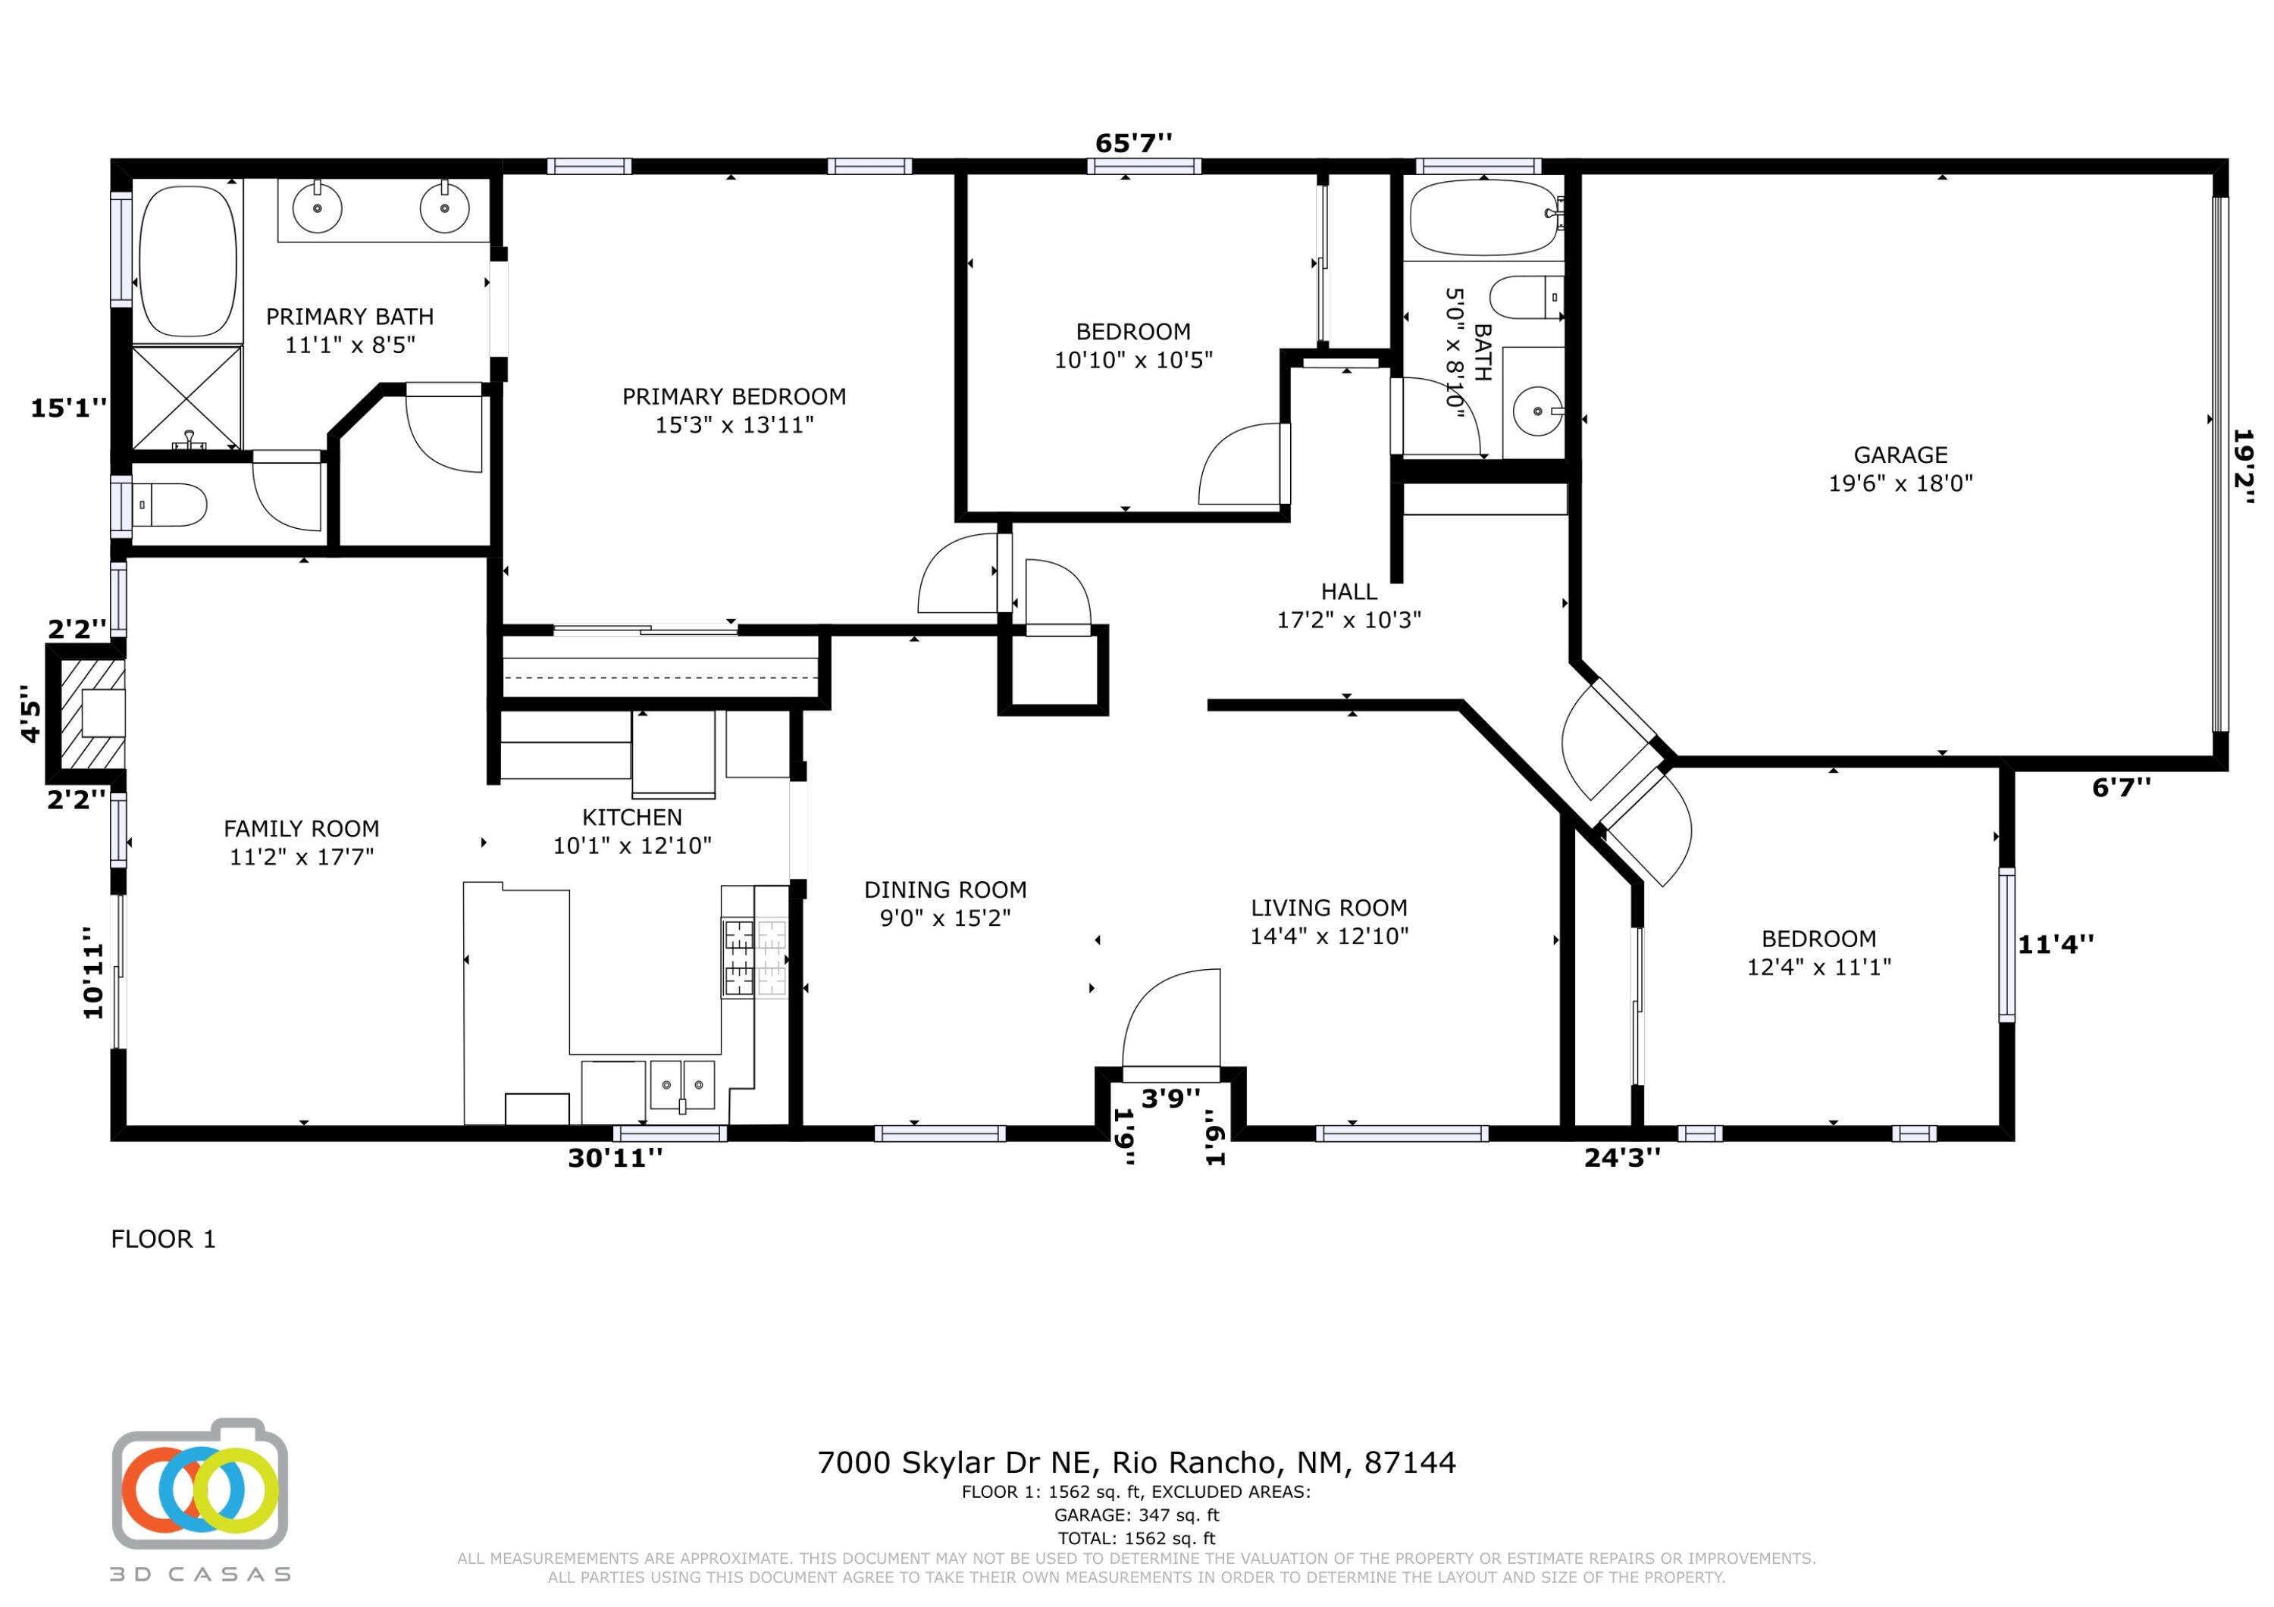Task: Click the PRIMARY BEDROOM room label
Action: pos(734,397)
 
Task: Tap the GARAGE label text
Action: pos(1900,455)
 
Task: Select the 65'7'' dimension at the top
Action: pos(1133,143)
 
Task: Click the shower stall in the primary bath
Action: pos(187,397)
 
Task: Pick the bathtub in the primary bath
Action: pos(188,261)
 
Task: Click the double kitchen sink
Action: pos(682,1085)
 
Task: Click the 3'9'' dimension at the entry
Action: pos(1170,1098)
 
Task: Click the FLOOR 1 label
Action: pos(164,1239)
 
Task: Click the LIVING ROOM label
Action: pos(1329,908)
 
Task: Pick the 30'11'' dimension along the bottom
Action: pos(615,1158)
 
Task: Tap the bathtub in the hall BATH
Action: pos(1483,218)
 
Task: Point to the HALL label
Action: pos(1349,592)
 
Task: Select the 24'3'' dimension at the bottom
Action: pos(1622,1158)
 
